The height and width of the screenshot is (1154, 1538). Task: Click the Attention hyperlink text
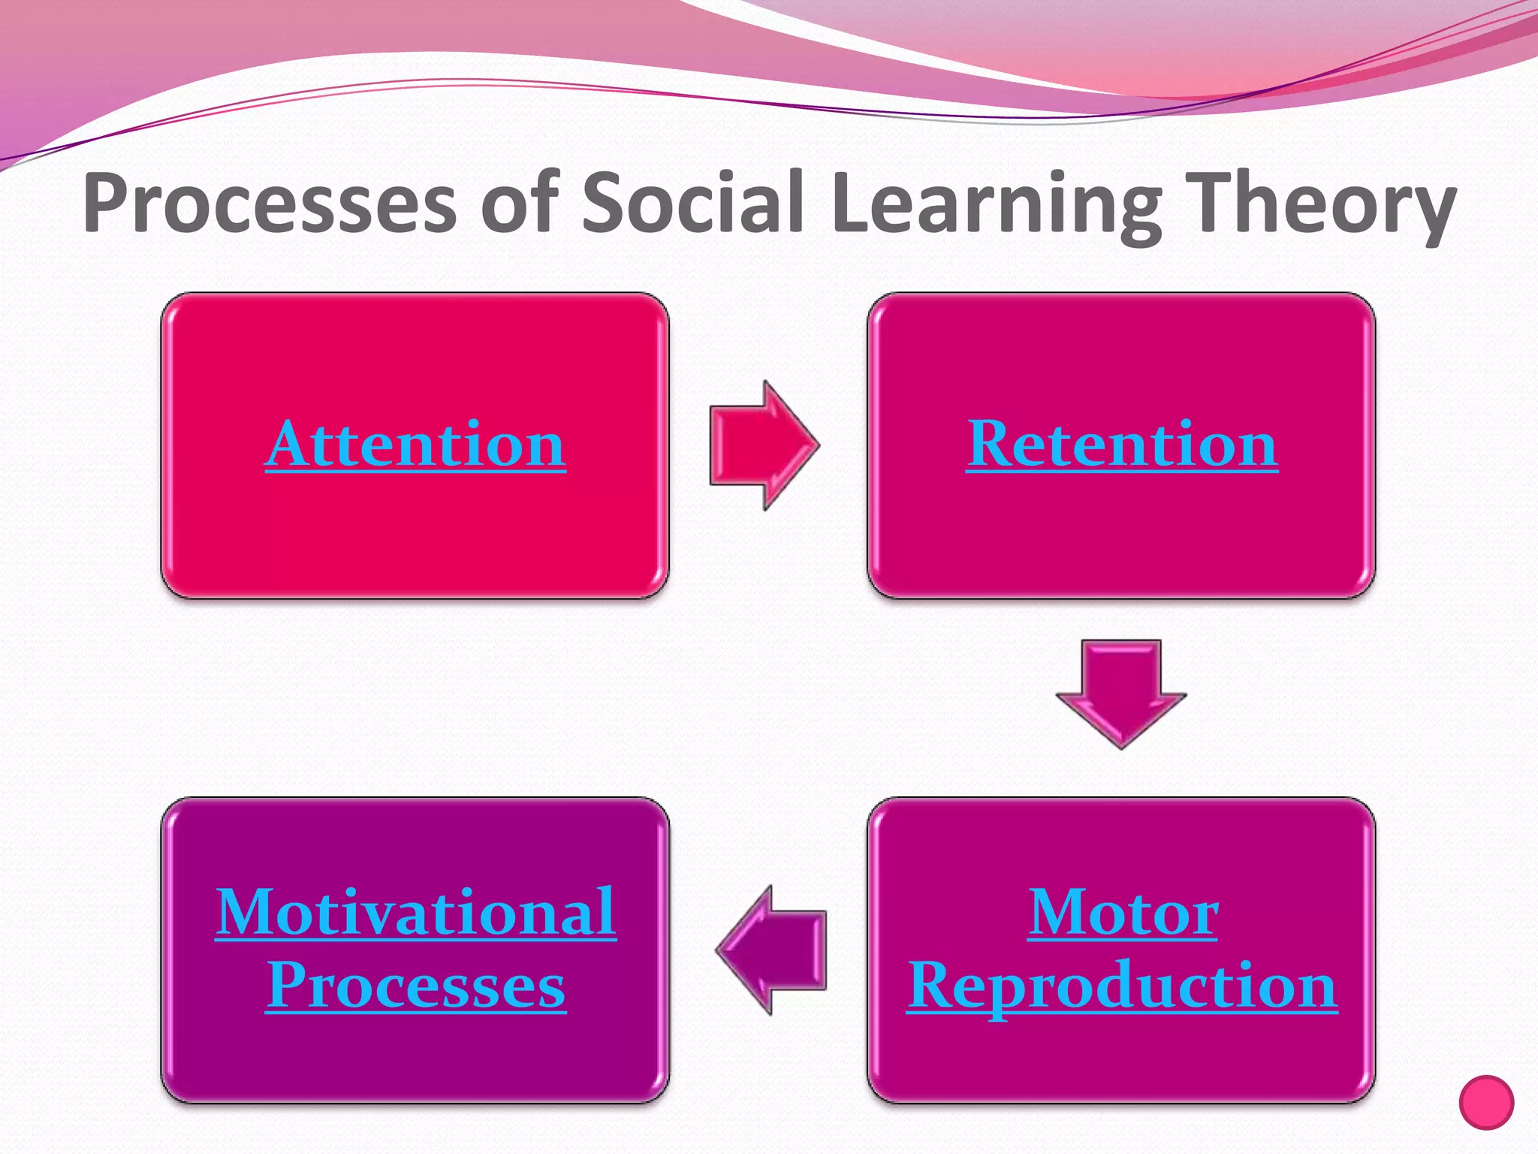[x=415, y=445]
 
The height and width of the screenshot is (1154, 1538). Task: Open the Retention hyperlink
[x=1122, y=445]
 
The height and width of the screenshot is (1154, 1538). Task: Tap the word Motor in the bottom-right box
[x=1123, y=912]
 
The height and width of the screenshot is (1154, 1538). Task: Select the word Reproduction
[x=1122, y=986]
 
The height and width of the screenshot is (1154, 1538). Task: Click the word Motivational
[x=415, y=912]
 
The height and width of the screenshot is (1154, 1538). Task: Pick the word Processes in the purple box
[x=415, y=986]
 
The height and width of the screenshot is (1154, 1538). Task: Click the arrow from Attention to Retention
[x=762, y=445]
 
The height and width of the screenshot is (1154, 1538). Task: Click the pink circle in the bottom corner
[x=1486, y=1102]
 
